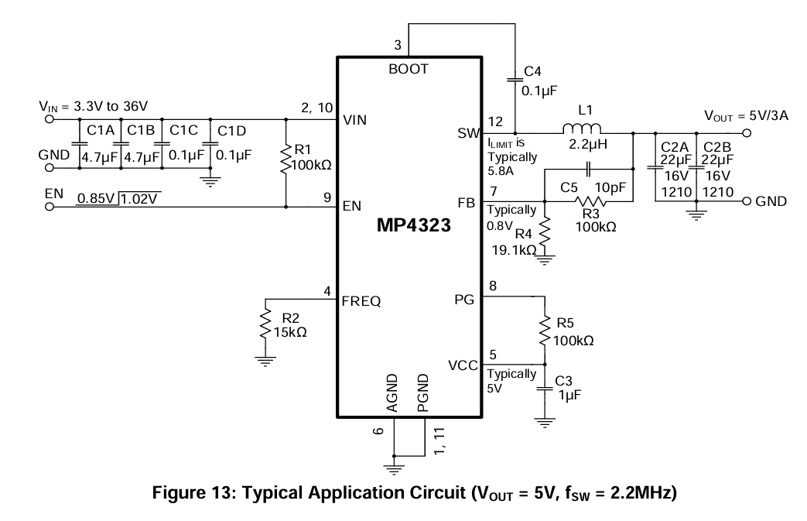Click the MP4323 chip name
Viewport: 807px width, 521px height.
(x=414, y=225)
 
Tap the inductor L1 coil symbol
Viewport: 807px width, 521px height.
(x=582, y=129)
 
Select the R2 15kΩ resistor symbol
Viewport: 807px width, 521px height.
(x=265, y=323)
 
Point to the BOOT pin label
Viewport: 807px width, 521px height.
(x=408, y=69)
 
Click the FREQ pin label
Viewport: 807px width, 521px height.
(x=361, y=301)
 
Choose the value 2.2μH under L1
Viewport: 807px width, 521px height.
(x=588, y=145)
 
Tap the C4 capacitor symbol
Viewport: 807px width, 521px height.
(x=515, y=79)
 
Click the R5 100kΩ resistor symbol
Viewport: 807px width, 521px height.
(x=545, y=331)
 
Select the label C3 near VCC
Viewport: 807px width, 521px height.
(x=563, y=380)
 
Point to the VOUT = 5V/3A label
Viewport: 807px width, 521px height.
(x=746, y=116)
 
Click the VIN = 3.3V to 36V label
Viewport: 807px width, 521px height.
(x=93, y=107)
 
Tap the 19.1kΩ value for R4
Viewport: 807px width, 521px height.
(x=514, y=250)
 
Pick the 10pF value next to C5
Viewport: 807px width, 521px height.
(x=610, y=188)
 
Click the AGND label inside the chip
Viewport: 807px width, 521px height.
(x=392, y=393)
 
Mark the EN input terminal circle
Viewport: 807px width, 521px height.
(x=50, y=207)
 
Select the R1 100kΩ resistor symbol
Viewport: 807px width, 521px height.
(x=286, y=159)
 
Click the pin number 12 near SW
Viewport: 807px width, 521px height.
(x=495, y=122)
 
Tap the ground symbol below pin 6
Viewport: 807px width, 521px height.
(x=394, y=468)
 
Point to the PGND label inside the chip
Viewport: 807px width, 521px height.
(x=422, y=393)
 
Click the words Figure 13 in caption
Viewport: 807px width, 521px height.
(x=193, y=492)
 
